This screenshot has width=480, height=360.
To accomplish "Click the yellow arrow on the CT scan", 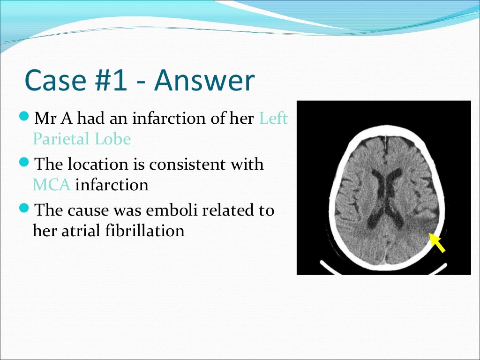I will click(437, 243).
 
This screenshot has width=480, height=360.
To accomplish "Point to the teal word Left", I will click(273, 119).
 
